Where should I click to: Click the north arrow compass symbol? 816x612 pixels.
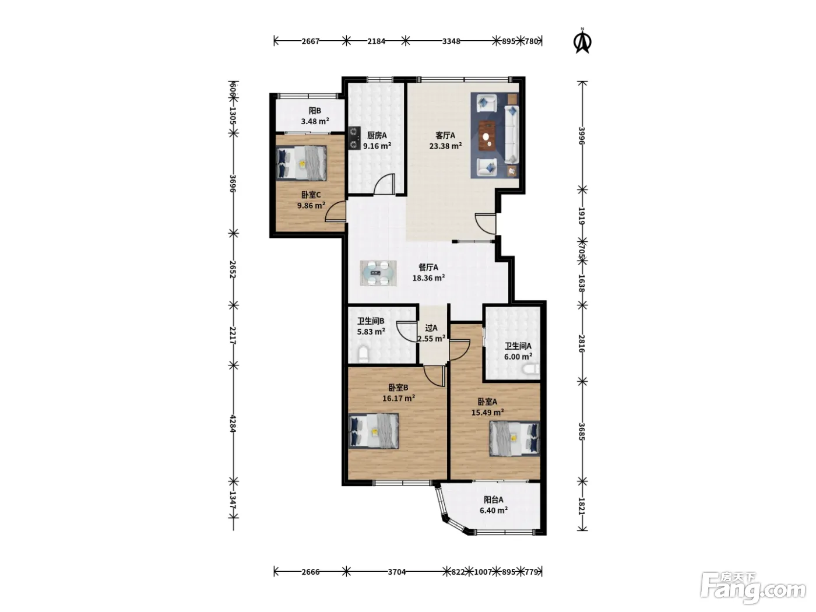coord(582,41)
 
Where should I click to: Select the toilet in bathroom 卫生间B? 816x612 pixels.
coord(363,354)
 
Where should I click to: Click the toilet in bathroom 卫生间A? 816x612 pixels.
coord(530,369)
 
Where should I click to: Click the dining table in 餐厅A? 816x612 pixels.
coord(378,273)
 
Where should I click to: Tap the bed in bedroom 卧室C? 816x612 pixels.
coord(301,163)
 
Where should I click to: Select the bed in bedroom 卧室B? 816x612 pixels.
coord(374,431)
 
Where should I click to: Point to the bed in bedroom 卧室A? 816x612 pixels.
coord(515,438)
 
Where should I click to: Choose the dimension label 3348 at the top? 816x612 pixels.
coord(451,41)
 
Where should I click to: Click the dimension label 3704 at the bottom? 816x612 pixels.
coord(397,572)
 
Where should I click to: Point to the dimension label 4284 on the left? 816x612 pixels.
coord(233,424)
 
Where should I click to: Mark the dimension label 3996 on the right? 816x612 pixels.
coord(582,136)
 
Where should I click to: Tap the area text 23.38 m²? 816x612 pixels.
coord(445,146)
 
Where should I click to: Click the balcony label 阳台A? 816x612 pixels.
coord(493,500)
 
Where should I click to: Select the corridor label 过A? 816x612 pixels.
coord(431,328)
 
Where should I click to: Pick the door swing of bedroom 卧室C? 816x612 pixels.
coord(336,212)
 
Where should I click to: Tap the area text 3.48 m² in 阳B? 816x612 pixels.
coord(315,121)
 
